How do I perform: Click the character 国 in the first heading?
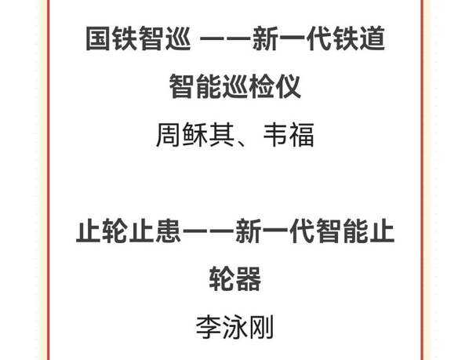click(97, 38)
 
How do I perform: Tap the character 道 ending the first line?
click(372, 38)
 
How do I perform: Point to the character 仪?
click(288, 86)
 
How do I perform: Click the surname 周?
click(169, 134)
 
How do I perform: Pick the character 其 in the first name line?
click(222, 134)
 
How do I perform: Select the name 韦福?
click(289, 134)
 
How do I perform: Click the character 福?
click(302, 134)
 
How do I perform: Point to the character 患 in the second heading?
click(168, 231)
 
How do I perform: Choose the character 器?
click(248, 278)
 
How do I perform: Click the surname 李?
click(208, 326)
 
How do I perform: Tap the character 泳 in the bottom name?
click(234, 326)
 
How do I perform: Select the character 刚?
click(261, 326)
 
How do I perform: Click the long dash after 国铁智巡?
click(226, 38)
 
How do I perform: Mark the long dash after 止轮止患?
click(208, 231)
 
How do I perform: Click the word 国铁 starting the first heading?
click(111, 38)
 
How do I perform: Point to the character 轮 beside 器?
click(221, 278)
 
